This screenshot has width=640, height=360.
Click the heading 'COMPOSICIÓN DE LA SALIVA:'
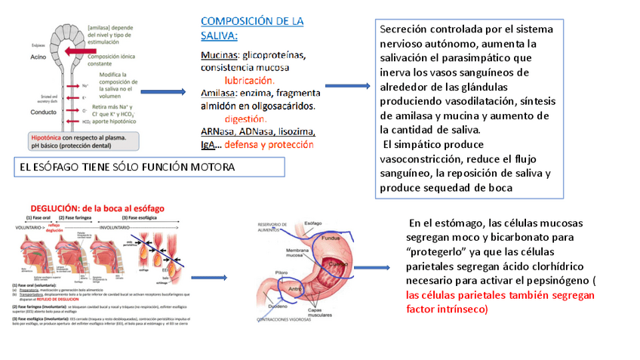[251, 28]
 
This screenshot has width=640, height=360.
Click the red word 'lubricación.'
[249, 80]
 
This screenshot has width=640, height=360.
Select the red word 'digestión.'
[246, 118]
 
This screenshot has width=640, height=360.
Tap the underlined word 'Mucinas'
[218, 55]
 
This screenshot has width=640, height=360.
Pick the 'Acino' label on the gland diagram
[40, 57]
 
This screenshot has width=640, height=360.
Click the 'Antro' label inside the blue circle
[296, 287]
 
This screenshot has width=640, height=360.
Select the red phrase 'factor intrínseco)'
[447, 309]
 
